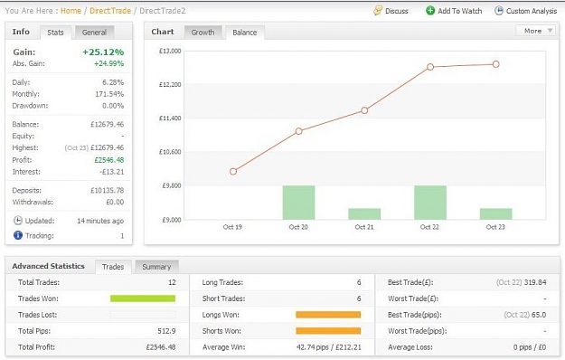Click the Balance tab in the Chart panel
coord(245,33)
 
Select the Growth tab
coord(202,33)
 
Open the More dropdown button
coord(535,31)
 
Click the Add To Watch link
coord(454,11)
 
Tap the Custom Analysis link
coord(526,11)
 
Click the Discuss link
coord(391,11)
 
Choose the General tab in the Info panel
coord(94,33)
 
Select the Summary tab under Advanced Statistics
coord(156,267)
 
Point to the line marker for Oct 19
coord(233,172)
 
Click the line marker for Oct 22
coord(430,67)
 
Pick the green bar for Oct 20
coord(298,203)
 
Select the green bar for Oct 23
coord(495,214)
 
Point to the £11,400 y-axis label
coord(170,118)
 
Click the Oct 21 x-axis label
coord(364,227)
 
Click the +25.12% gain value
coord(103,52)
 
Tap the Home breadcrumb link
coord(71,11)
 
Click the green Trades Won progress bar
coord(143,298)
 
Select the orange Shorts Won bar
coord(328,331)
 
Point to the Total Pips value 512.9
coord(166,331)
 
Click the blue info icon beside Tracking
coord(18,235)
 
